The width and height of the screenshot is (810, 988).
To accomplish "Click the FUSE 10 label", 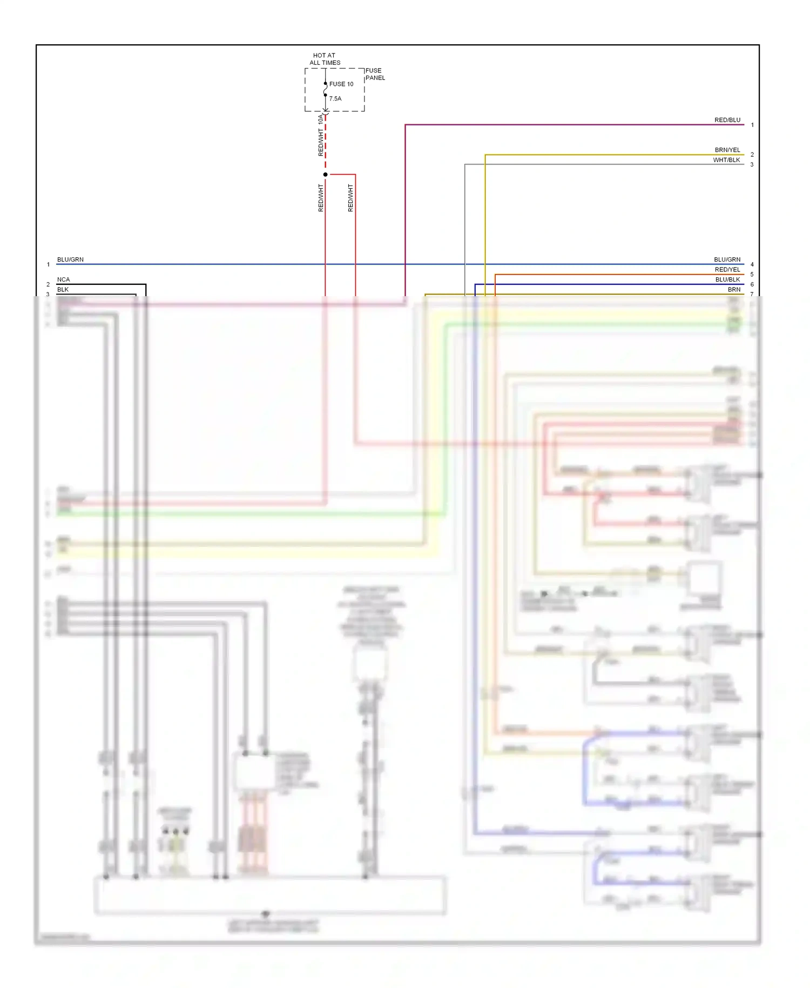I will [341, 84].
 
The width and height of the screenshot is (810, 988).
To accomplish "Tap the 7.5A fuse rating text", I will [335, 99].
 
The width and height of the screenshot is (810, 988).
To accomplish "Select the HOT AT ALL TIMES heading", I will [325, 59].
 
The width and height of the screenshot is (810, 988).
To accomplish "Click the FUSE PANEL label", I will [375, 74].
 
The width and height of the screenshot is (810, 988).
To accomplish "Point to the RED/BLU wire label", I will [727, 120].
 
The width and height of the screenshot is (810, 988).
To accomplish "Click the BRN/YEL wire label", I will [727, 150].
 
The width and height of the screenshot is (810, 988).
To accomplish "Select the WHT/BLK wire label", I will [726, 160].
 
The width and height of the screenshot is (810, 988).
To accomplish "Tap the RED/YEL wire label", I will [727, 270].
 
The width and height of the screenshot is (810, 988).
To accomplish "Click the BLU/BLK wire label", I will [727, 280].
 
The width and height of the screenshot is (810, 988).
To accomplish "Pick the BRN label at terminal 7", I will [733, 290].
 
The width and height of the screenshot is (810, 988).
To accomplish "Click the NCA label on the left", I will [63, 280].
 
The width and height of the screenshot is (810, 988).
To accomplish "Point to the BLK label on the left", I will [63, 290].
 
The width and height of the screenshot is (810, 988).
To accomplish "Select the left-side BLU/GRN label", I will [70, 260].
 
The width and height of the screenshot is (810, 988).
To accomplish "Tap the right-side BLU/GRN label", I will [727, 260].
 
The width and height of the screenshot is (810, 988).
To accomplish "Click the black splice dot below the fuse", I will [325, 175].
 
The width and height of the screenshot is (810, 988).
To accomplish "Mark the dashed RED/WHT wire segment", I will [325, 146].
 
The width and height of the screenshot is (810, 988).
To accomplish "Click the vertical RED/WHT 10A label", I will [321, 135].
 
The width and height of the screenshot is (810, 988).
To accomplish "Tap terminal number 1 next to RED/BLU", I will [752, 125].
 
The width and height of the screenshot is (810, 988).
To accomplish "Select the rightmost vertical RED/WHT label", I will [350, 198].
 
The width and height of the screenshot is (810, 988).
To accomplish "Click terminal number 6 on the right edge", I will [752, 284].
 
